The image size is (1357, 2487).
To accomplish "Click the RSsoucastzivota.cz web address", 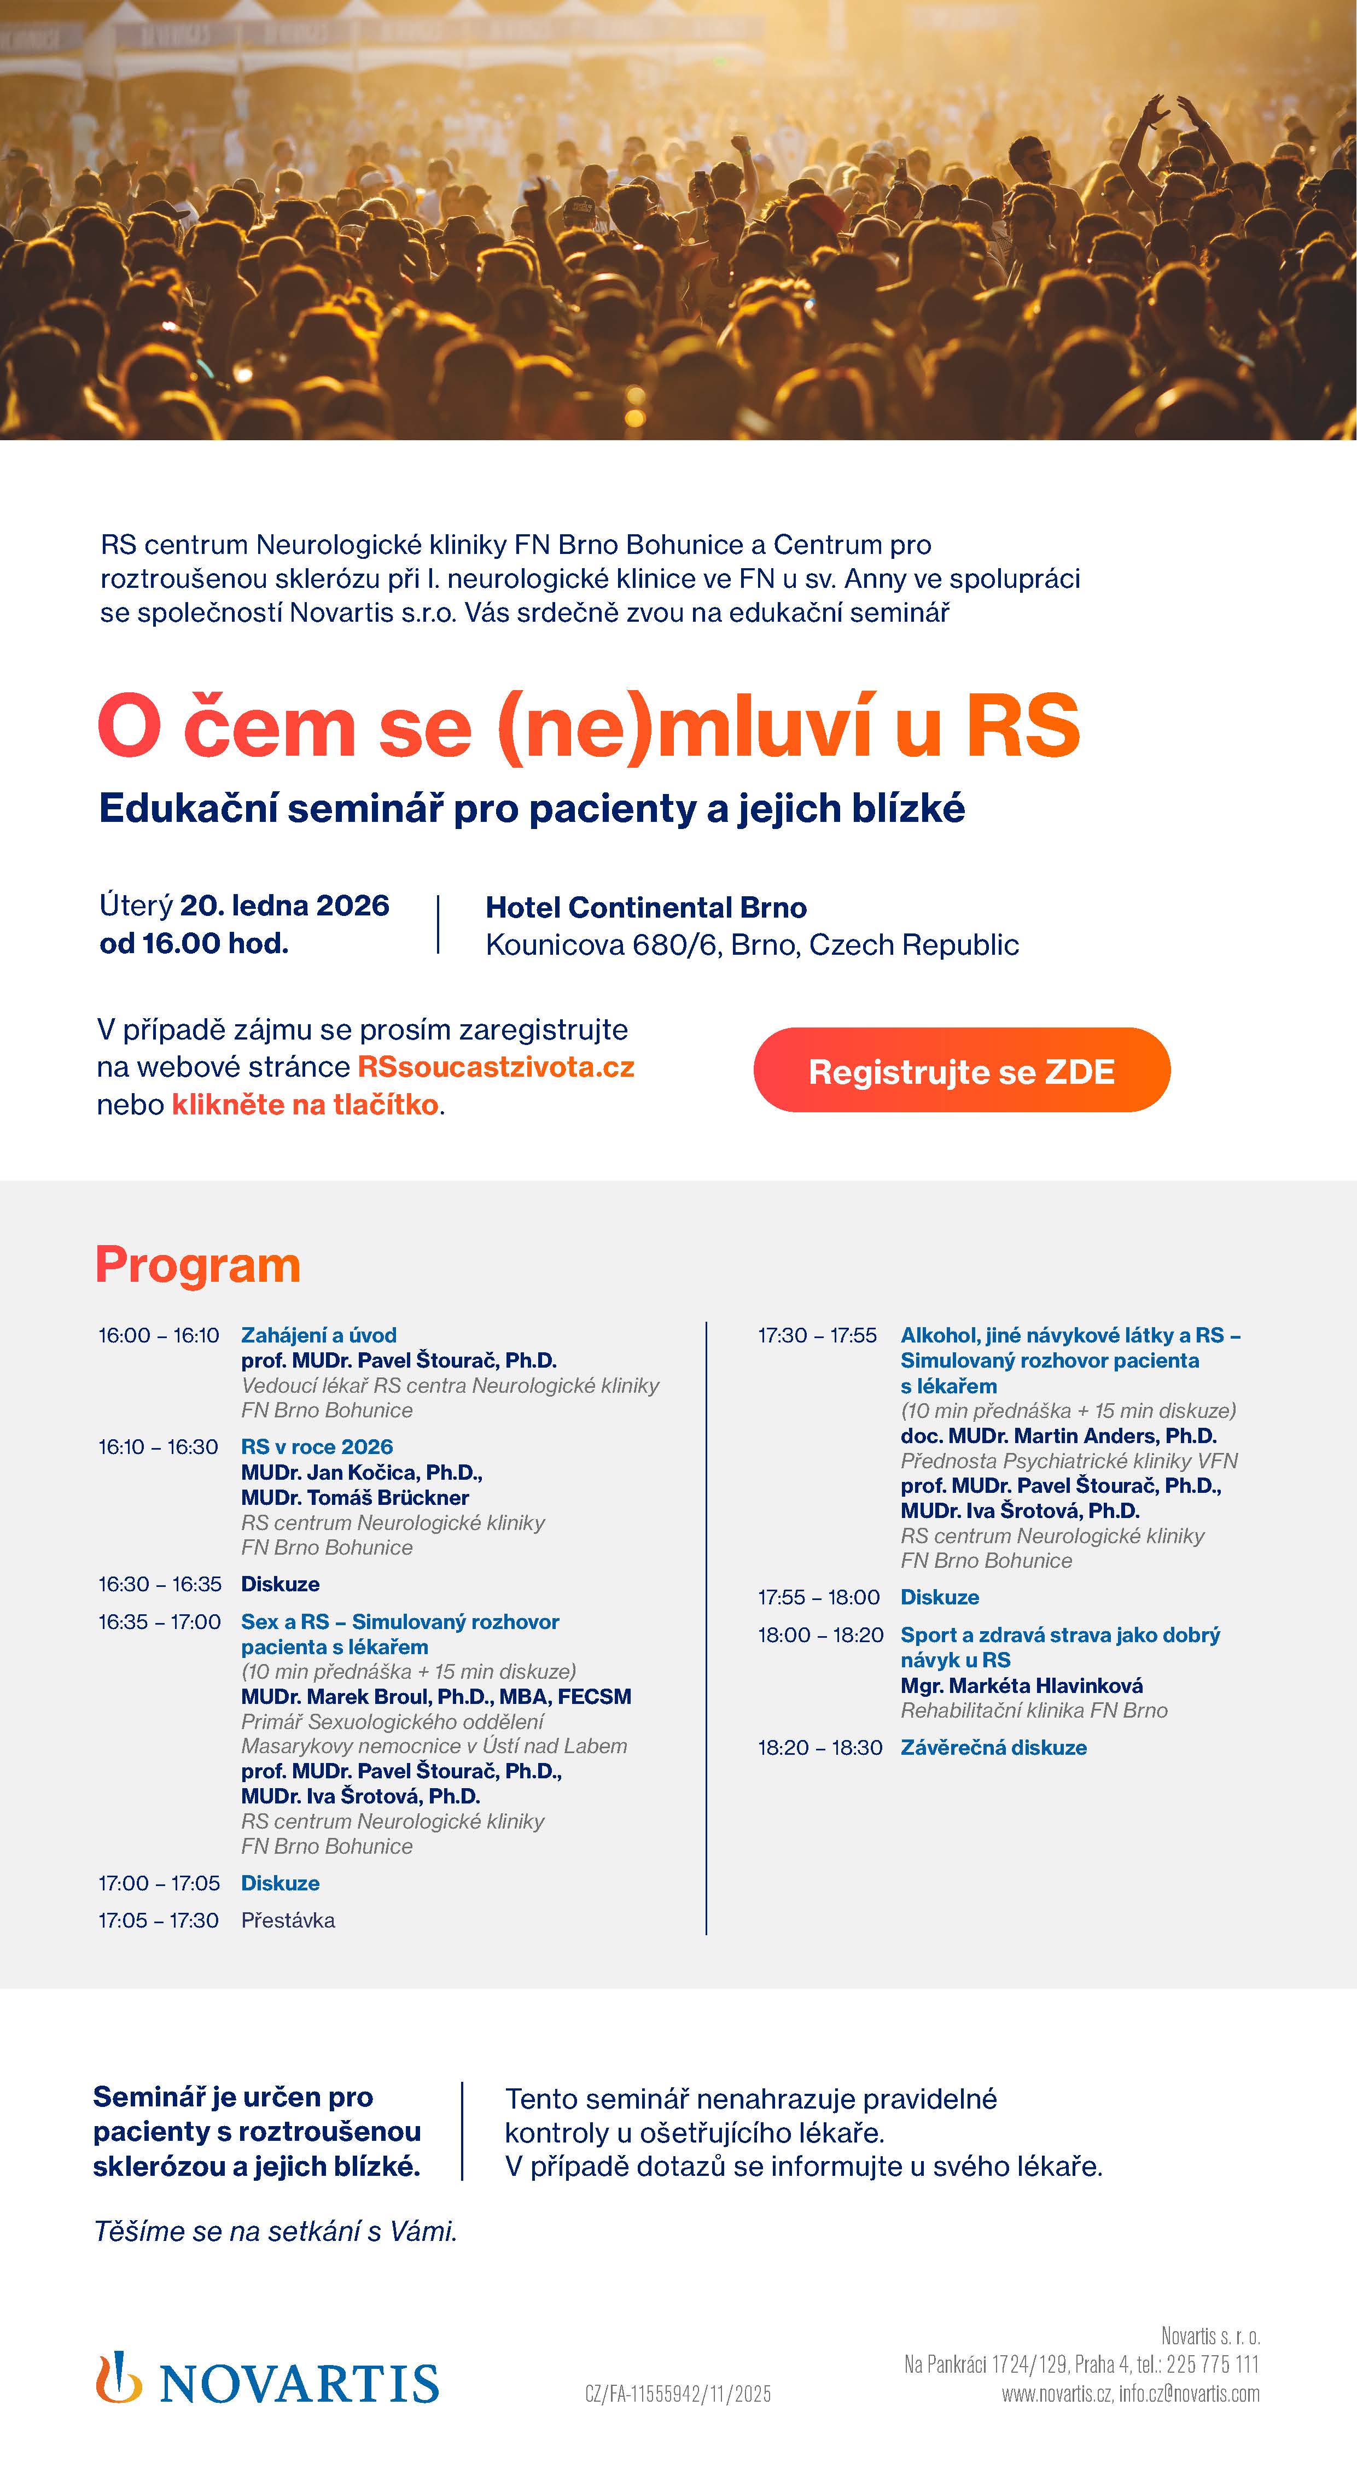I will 496,1067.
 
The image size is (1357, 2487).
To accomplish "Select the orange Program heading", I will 198,1265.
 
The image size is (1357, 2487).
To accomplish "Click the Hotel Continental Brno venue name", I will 645,908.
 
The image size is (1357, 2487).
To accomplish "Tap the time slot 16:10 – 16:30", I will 159,1446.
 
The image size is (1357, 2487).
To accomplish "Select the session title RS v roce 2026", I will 317,1446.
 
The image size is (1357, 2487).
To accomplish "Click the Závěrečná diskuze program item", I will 993,1748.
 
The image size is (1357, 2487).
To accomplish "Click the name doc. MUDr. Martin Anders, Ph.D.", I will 1058,1435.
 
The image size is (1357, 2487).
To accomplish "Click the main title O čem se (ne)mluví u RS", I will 588,726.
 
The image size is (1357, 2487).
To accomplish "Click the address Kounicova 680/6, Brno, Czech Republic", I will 752,944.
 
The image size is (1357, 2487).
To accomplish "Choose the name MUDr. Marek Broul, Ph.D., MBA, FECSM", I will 435,1696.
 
